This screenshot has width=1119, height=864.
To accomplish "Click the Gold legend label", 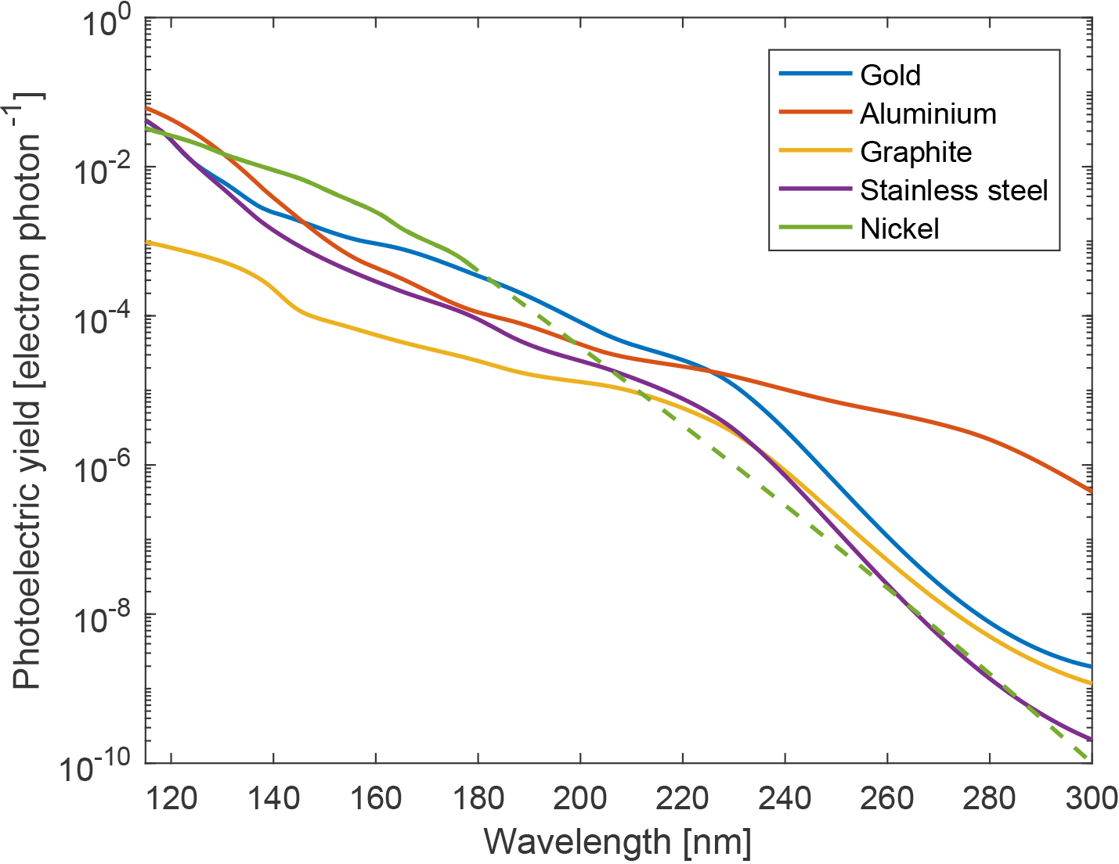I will (890, 75).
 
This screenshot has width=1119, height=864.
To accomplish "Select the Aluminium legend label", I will (928, 113).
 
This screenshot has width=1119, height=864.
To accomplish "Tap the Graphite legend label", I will (915, 152).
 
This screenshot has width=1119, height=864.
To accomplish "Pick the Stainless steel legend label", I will (954, 190).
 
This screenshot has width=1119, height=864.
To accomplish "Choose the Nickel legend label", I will (899, 229).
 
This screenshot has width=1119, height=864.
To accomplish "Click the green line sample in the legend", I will (814, 228).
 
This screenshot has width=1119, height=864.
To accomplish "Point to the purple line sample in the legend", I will (814, 189).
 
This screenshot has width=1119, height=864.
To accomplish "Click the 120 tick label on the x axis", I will (170, 798).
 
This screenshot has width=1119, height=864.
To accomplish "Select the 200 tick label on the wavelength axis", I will (579, 798).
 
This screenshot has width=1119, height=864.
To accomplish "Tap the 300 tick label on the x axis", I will (1091, 798).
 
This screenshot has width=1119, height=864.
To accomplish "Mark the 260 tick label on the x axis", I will (886, 798).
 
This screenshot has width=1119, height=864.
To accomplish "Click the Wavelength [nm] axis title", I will (618, 843).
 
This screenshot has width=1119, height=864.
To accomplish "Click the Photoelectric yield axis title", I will (29, 391).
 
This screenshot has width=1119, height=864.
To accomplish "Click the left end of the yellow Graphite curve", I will (147, 243).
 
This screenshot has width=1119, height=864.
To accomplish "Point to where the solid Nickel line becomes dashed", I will (478, 270).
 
